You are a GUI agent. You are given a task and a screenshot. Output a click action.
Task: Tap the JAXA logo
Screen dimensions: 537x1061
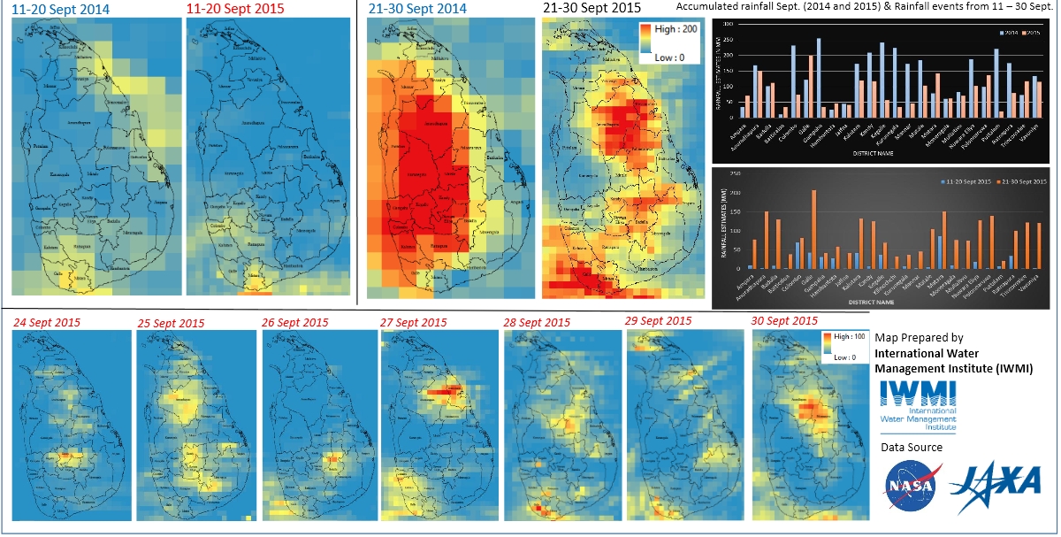pos(995,482)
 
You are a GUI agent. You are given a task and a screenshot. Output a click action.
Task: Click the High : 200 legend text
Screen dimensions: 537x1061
pos(677,29)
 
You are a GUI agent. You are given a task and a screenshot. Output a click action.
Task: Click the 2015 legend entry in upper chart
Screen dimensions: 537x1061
pos(1028,32)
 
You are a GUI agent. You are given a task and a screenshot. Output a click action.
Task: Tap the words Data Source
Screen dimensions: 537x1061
pos(911,448)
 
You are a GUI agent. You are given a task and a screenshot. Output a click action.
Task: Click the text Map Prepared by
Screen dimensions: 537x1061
pos(919,338)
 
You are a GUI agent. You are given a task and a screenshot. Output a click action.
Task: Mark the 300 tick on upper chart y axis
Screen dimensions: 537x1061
pos(728,24)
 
